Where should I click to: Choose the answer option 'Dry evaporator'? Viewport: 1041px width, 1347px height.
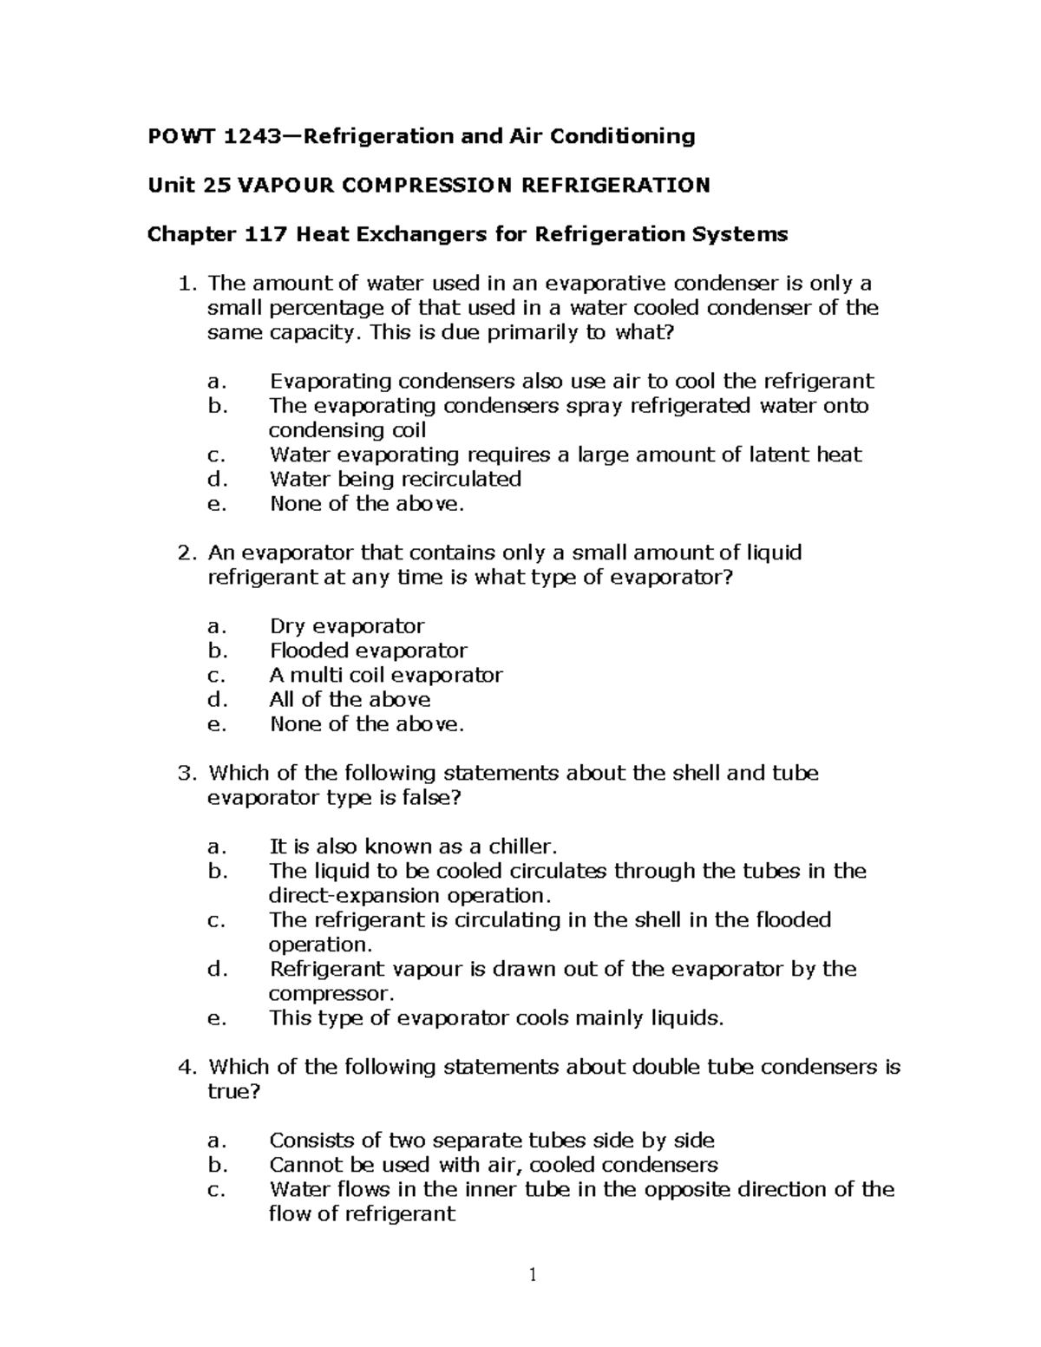click(x=347, y=626)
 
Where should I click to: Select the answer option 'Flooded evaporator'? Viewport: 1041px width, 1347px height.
click(x=368, y=651)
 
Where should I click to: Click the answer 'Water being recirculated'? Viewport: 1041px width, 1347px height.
click(x=395, y=480)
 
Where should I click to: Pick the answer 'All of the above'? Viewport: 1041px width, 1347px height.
click(x=350, y=699)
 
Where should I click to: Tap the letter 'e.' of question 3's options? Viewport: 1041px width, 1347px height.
click(x=217, y=1018)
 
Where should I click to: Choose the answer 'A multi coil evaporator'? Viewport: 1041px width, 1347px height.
click(x=386, y=675)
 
